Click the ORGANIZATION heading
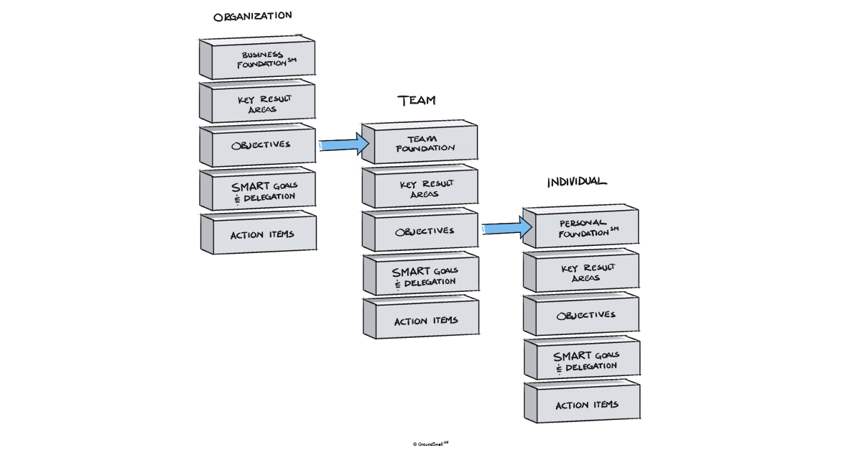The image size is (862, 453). (252, 16)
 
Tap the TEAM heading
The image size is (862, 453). (417, 101)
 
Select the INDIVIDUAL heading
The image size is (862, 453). (576, 182)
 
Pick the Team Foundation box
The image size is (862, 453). (422, 143)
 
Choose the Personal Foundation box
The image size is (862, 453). (583, 228)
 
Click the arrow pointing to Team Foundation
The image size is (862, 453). (343, 145)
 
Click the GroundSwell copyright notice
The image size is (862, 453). (430, 444)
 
